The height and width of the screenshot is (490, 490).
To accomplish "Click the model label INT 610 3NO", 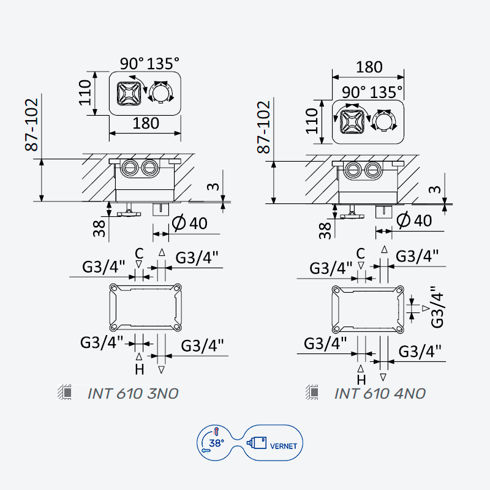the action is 133,393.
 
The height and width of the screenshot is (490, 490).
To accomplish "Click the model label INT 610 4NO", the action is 380,393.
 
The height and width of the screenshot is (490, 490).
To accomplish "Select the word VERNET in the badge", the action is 284,447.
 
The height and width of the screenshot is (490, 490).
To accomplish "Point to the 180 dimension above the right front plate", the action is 369,67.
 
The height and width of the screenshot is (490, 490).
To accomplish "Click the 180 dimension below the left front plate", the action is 146,123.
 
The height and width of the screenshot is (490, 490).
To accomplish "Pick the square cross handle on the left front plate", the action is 129,93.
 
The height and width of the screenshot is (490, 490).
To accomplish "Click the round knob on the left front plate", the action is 160,92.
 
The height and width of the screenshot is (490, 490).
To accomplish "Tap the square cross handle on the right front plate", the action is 352,122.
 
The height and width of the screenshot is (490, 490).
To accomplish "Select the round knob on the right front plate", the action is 384,121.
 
